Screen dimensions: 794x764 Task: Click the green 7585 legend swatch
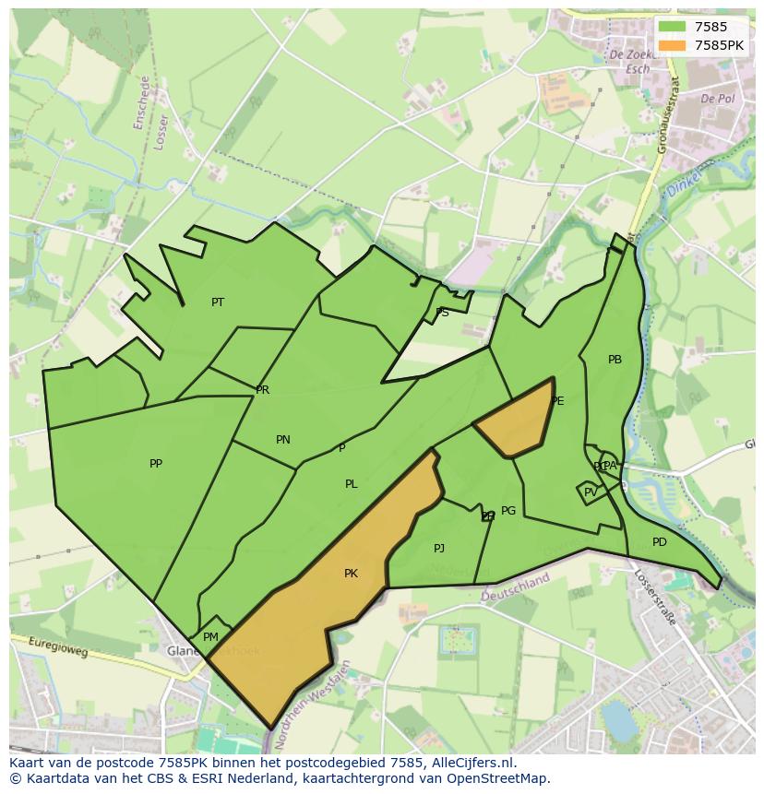(672, 28)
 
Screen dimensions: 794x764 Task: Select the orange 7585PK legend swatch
(672, 44)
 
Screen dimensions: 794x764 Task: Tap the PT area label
(218, 302)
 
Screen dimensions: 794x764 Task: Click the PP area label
(156, 464)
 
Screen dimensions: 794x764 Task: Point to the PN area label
(283, 440)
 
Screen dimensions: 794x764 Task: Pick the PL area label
(352, 484)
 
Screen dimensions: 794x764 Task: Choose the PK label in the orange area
(351, 574)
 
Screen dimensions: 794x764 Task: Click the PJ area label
(439, 549)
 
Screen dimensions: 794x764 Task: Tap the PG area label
(508, 511)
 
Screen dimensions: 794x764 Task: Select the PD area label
(659, 542)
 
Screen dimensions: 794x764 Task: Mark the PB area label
(615, 360)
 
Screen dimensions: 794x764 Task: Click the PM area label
(210, 637)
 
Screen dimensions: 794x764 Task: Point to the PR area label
(263, 390)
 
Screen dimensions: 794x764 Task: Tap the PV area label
(591, 492)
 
